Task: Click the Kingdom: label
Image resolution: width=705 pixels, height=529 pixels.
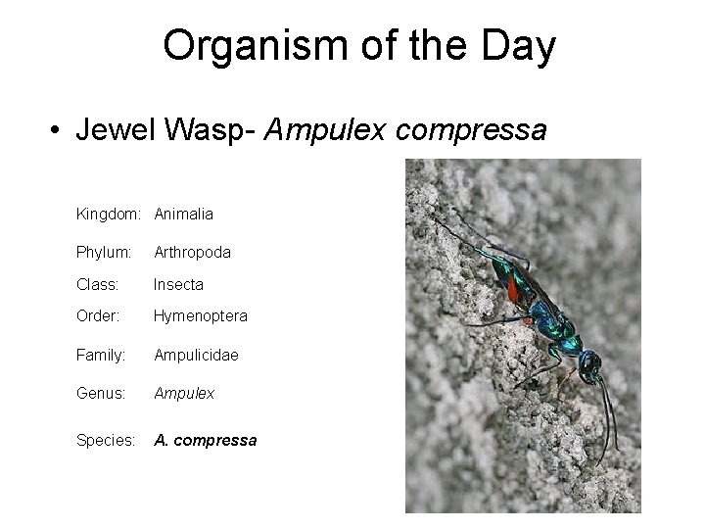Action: pyautogui.click(x=110, y=213)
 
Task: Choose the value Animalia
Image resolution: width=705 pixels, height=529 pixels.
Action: pyautogui.click(x=183, y=213)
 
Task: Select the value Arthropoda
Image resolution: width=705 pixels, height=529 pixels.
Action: pyautogui.click(x=192, y=252)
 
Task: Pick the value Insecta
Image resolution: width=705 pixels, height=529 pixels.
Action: pyautogui.click(x=177, y=284)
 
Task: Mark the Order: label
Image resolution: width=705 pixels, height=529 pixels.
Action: pyautogui.click(x=97, y=316)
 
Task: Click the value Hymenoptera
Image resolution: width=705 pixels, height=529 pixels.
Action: pyautogui.click(x=201, y=316)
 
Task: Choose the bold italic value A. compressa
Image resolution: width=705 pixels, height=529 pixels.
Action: pyautogui.click(x=205, y=440)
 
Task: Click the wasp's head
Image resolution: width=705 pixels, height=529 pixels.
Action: pyautogui.click(x=590, y=365)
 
